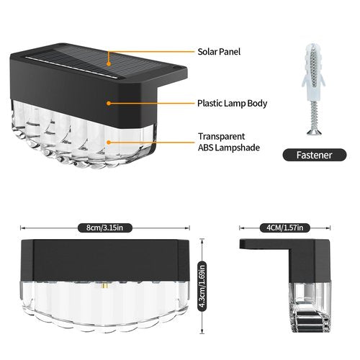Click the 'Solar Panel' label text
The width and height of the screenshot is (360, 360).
click(219, 52)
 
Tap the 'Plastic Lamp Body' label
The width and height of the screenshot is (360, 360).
click(232, 104)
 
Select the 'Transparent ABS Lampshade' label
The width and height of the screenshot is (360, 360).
click(229, 142)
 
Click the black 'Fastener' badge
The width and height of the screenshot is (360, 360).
click(315, 155)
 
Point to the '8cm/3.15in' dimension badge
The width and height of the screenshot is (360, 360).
click(105, 228)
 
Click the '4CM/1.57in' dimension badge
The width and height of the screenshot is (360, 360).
click(285, 228)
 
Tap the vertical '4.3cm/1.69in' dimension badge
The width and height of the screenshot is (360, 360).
click(202, 286)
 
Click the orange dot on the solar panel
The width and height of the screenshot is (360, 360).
click(109, 64)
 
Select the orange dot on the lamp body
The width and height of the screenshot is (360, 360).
click(109, 103)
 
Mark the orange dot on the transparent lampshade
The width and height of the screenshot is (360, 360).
click(109, 143)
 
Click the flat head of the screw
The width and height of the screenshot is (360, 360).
click(314, 132)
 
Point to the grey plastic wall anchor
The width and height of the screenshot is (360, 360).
click(313, 72)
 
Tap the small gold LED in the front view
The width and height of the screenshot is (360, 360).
click(105, 286)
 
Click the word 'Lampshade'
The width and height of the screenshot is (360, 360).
click(238, 148)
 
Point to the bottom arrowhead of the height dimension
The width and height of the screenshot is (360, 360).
click(202, 332)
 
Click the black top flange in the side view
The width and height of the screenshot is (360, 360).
click(265, 244)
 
